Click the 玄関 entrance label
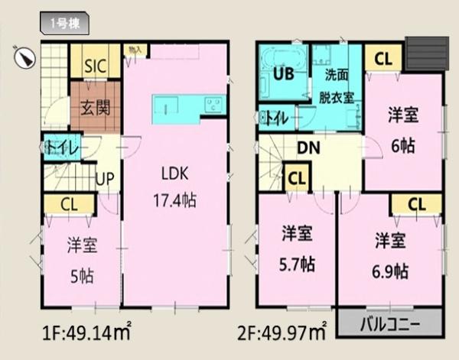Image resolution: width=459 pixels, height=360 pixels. coord(96,105)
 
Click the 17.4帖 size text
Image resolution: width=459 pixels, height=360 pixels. coord(174,200)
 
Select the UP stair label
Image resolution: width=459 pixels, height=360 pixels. coord(106,180)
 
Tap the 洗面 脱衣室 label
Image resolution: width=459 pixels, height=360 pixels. coord(337,86)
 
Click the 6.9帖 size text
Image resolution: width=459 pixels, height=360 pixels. coord(390,269)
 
